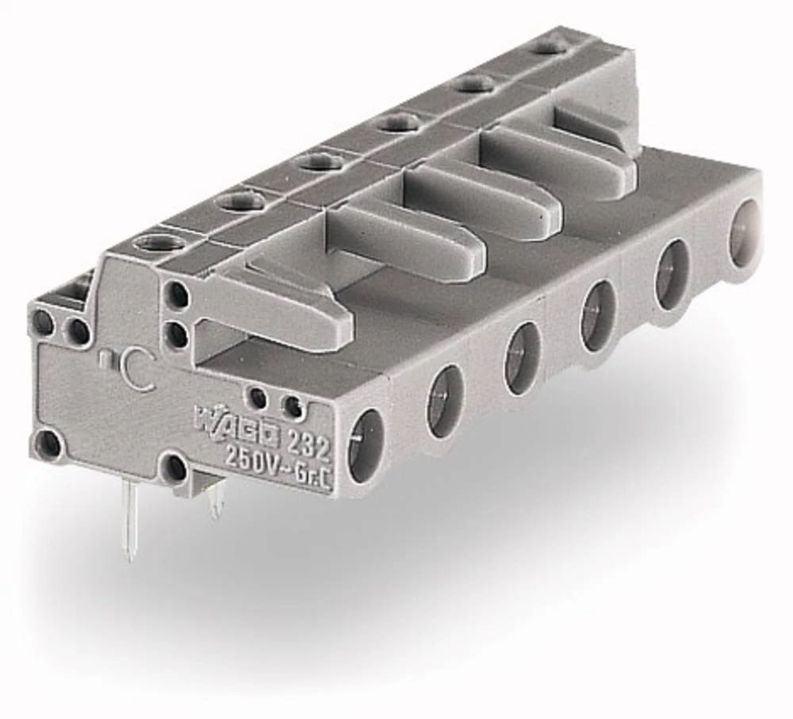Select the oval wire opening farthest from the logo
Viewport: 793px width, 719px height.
tap(745, 222)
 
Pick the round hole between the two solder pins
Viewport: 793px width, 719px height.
tap(174, 466)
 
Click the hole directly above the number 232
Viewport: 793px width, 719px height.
tap(293, 407)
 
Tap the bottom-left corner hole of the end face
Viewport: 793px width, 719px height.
tap(48, 444)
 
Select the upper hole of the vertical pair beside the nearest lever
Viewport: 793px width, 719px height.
tap(178, 296)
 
